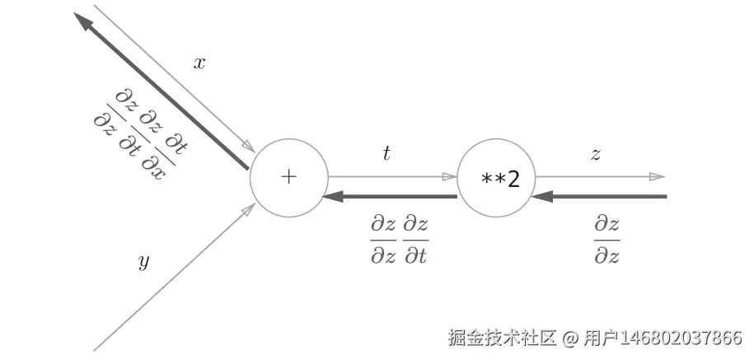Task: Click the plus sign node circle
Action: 288,177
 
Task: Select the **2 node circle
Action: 496,178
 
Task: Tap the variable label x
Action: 199,63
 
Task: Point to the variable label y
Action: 143,262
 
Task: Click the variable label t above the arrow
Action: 386,152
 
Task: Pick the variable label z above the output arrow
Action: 595,153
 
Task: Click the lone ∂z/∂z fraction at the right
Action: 606,239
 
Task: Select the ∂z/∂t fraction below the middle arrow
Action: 416,239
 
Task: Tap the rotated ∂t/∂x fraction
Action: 165,156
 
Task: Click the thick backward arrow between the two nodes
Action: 391,197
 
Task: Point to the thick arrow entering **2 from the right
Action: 600,197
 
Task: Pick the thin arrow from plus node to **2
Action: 391,176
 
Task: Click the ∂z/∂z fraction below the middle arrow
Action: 383,239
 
